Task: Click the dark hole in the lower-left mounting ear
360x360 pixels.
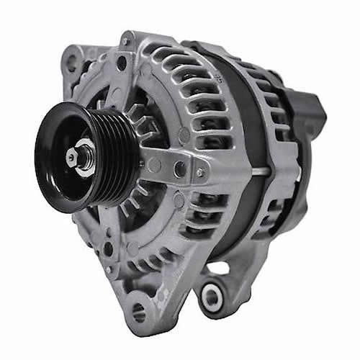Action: click(x=107, y=248)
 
